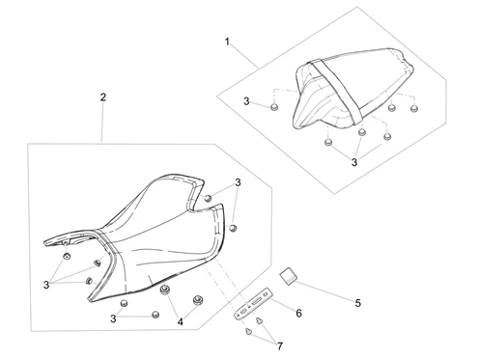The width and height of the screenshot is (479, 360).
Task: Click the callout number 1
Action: pos(227,42)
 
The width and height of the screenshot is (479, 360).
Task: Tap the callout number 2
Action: pos(103,97)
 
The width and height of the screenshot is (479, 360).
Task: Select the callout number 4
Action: pos(181,321)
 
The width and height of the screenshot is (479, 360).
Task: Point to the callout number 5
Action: pos(358,303)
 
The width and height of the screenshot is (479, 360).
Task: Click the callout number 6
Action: pos(298,313)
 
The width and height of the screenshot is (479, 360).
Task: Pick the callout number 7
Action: pos(280,346)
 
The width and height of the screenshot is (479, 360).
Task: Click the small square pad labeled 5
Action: pos(289,276)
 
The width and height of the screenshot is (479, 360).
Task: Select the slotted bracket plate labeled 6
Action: pos(253,304)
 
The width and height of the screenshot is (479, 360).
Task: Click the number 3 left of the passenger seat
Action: pos(246,101)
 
